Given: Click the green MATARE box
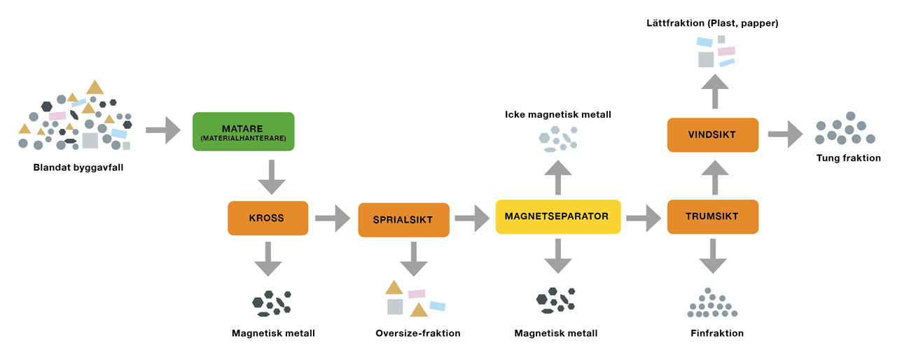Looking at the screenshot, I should [x=243, y=132].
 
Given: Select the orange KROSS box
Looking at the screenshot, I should [x=268, y=218].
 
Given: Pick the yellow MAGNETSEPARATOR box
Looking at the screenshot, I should [x=557, y=216].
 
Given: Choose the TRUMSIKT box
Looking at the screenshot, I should [x=712, y=216].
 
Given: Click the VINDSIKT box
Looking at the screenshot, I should [x=712, y=134].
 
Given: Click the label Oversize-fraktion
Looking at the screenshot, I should [x=418, y=333].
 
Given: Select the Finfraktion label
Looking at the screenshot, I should [x=716, y=333].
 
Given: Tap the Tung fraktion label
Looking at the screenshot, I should [x=848, y=158].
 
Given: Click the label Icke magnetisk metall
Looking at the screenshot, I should [x=558, y=113].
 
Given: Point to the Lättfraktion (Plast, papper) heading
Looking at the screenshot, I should [x=712, y=24].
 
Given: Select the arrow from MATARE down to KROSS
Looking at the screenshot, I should [x=271, y=179].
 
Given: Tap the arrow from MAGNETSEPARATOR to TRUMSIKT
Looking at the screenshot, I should [x=644, y=218].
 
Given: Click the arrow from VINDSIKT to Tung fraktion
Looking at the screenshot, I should [x=784, y=134].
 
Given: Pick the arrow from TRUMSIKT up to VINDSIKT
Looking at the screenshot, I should [x=715, y=176].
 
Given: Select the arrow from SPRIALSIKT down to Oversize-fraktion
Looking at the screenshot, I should [x=414, y=259].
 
